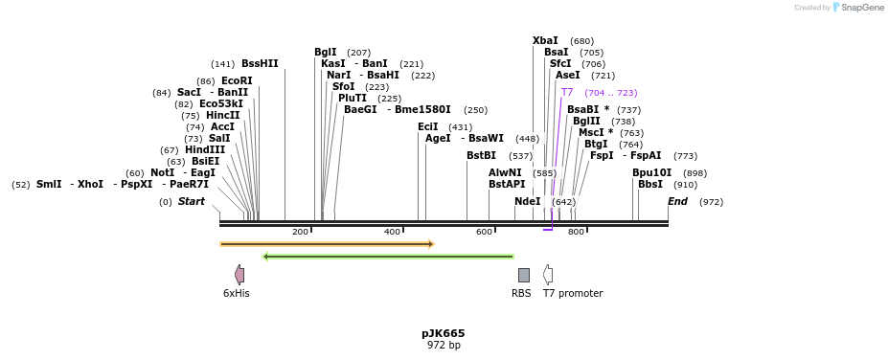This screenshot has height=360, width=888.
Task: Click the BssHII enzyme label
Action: (260, 64)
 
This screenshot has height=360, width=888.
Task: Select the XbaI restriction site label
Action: (545, 41)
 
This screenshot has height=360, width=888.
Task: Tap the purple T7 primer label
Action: (567, 93)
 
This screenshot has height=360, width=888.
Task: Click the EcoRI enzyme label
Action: (237, 81)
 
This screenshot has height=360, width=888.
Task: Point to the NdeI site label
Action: (527, 201)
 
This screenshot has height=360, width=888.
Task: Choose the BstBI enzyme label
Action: (481, 155)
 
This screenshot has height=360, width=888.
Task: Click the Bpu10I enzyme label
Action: (651, 172)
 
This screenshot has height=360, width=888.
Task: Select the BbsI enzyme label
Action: (649, 184)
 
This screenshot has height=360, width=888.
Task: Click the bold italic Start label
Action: (192, 201)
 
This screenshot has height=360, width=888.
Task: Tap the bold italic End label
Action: (677, 201)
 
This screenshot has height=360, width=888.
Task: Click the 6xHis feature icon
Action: (239, 275)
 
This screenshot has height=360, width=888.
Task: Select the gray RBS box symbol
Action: (523, 275)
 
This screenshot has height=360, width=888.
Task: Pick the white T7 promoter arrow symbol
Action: (548, 275)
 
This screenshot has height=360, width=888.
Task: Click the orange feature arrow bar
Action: (327, 244)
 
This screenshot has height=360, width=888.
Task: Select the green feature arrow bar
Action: (388, 257)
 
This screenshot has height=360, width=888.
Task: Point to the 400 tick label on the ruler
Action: (392, 233)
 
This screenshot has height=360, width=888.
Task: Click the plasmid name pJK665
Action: (444, 333)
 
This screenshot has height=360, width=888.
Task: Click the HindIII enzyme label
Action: (206, 150)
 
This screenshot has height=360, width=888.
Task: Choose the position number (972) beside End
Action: (711, 202)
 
